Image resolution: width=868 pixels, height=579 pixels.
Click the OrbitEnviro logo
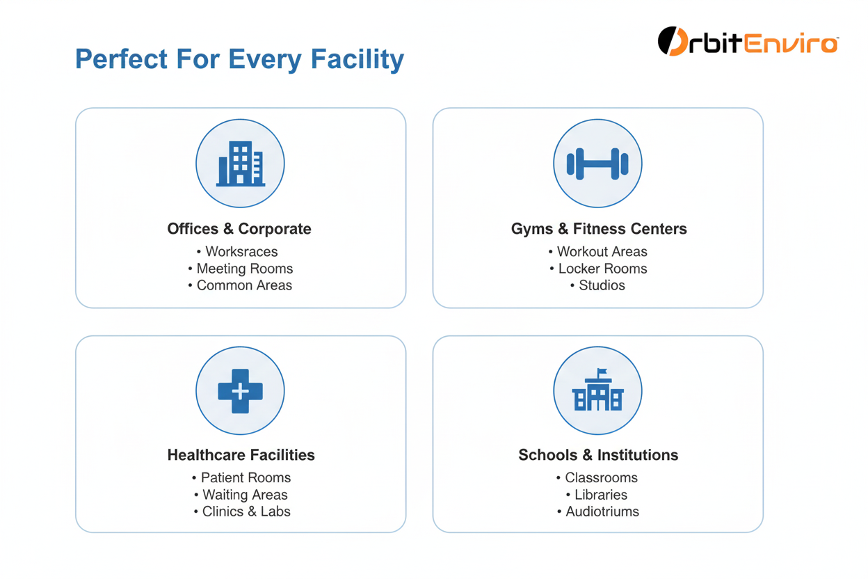click(x=748, y=42)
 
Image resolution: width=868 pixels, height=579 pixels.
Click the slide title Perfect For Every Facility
click(x=239, y=59)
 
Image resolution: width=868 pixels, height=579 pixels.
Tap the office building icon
click(x=240, y=164)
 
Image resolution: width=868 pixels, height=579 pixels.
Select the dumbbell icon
click(x=597, y=164)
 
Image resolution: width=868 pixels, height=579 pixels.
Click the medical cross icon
click(x=240, y=390)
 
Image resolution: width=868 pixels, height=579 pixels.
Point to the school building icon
click(x=597, y=390)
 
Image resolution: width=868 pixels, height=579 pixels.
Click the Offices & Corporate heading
click(x=239, y=229)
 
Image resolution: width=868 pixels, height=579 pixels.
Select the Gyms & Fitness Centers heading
click(x=599, y=229)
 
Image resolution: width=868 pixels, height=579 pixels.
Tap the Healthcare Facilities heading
click(x=241, y=455)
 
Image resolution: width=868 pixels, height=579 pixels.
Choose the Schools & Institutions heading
click(x=598, y=455)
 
